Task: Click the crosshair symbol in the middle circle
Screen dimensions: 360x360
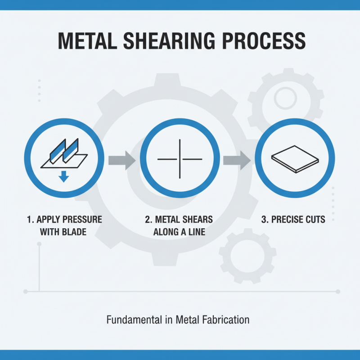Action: click(x=180, y=159)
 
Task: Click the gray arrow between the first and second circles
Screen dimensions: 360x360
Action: click(x=122, y=159)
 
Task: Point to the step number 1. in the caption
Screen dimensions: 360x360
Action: click(x=30, y=220)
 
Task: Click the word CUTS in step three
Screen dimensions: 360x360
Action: click(x=315, y=220)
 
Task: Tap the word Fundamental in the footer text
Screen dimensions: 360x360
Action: click(x=131, y=320)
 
